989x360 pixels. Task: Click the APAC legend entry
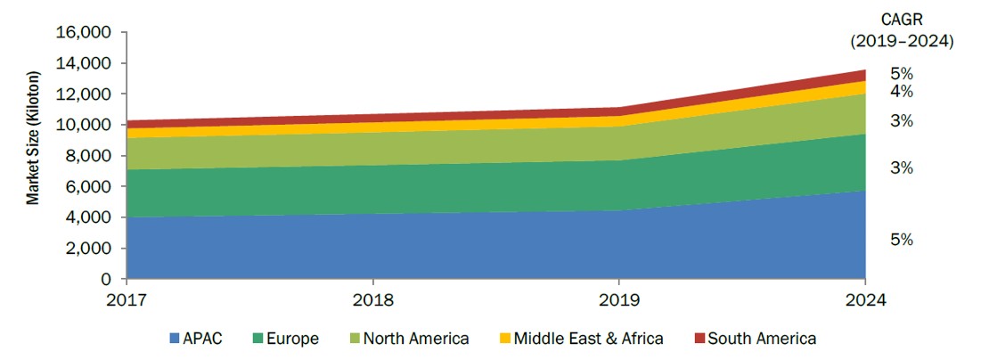195,339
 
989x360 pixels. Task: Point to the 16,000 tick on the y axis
85,32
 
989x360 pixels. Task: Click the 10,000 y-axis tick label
85,125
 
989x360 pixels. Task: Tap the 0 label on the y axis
107,279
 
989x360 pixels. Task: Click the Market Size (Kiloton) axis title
32,138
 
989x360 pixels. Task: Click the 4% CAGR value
902,92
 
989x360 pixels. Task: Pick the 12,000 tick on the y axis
85,94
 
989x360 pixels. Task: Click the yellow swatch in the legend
504,339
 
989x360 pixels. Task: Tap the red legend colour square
699,339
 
